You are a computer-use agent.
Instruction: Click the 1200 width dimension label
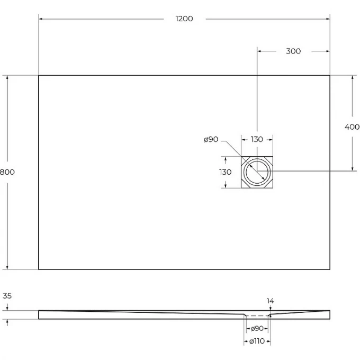tap(184, 19)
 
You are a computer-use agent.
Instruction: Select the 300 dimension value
tap(293, 51)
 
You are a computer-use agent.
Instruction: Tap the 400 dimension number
tap(352, 127)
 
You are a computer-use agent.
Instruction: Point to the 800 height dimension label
tap(7, 172)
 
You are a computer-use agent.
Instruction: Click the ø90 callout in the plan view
tap(211, 139)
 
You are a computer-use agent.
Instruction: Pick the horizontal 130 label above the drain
tap(257, 139)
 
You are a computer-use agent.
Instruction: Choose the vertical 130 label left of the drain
tap(226, 172)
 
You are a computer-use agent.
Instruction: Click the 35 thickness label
tap(7, 296)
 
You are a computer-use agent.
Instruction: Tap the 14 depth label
tap(271, 301)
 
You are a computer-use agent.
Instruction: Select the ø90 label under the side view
tap(257, 329)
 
